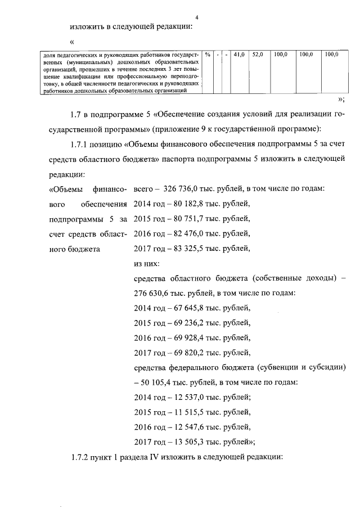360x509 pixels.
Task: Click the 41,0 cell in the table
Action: tap(239, 55)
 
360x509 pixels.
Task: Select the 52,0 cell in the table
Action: tap(258, 55)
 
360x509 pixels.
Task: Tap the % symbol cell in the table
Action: tap(208, 55)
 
